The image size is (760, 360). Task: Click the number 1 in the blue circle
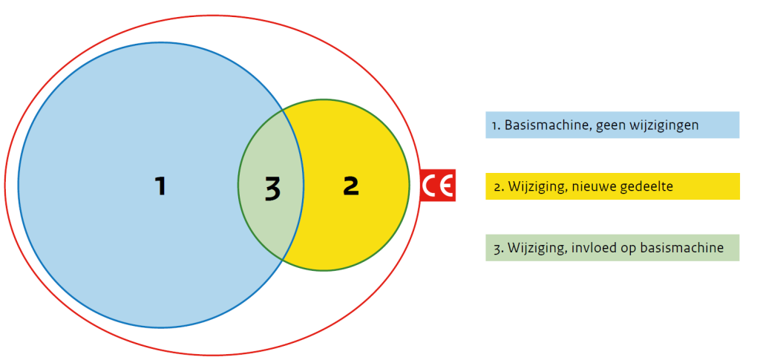[160, 186]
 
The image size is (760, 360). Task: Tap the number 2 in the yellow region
[351, 186]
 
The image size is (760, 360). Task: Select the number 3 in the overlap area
[272, 190]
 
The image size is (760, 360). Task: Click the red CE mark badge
[437, 186]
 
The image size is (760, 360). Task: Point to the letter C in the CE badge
[430, 186]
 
